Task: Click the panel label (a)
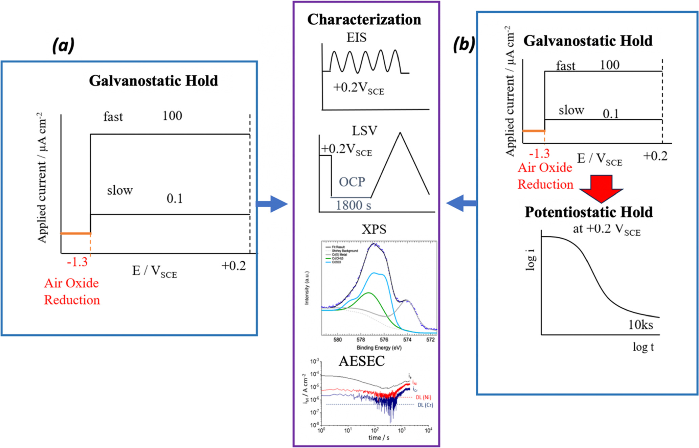[x=63, y=45]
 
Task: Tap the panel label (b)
[x=464, y=44]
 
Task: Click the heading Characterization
[x=364, y=20]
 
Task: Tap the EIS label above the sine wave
[x=356, y=38]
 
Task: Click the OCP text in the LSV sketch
[x=352, y=182]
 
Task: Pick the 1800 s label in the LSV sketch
[x=353, y=205]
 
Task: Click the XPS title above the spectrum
[x=374, y=230]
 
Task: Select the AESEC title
[x=362, y=361]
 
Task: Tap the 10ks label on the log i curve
[x=640, y=325]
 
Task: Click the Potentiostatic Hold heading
[x=589, y=212]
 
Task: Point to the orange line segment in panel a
[x=75, y=233]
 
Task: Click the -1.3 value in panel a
[x=77, y=262]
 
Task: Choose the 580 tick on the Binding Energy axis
[x=337, y=340]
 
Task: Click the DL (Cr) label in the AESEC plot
[x=425, y=405]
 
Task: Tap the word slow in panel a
[x=120, y=190]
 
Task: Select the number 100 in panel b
[x=609, y=65]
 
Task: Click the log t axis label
[x=643, y=347]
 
